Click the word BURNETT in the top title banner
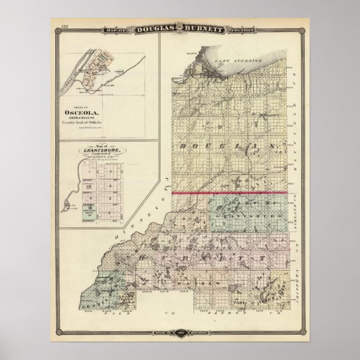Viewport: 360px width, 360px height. [x=207, y=27]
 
